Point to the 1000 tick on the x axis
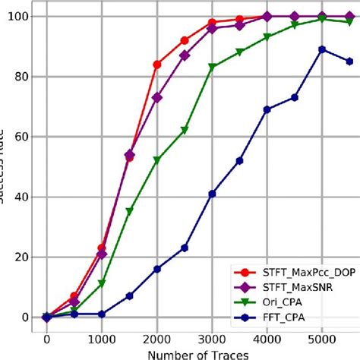click(x=102, y=339)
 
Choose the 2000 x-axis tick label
click(x=156, y=339)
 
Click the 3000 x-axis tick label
click(x=212, y=339)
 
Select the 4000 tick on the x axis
click(x=267, y=339)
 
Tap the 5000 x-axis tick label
click(x=322, y=339)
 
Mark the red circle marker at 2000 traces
click(x=156, y=65)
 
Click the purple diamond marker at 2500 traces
click(x=185, y=55)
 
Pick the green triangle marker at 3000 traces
click(x=212, y=68)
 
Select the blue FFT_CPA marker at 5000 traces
click(x=322, y=49)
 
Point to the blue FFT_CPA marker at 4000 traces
click(x=267, y=109)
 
